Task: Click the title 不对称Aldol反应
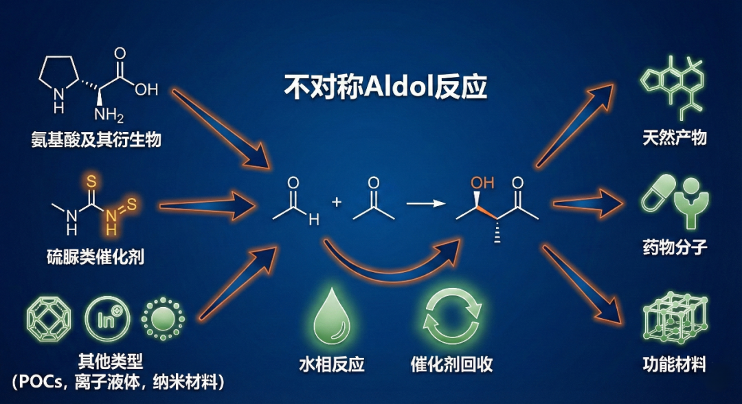385,87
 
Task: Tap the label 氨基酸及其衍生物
96,139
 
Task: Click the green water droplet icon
328,317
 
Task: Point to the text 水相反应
328,363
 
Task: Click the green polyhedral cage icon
49,320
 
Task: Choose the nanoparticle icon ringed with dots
163,320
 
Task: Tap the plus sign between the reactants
337,202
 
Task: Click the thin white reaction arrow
424,203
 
